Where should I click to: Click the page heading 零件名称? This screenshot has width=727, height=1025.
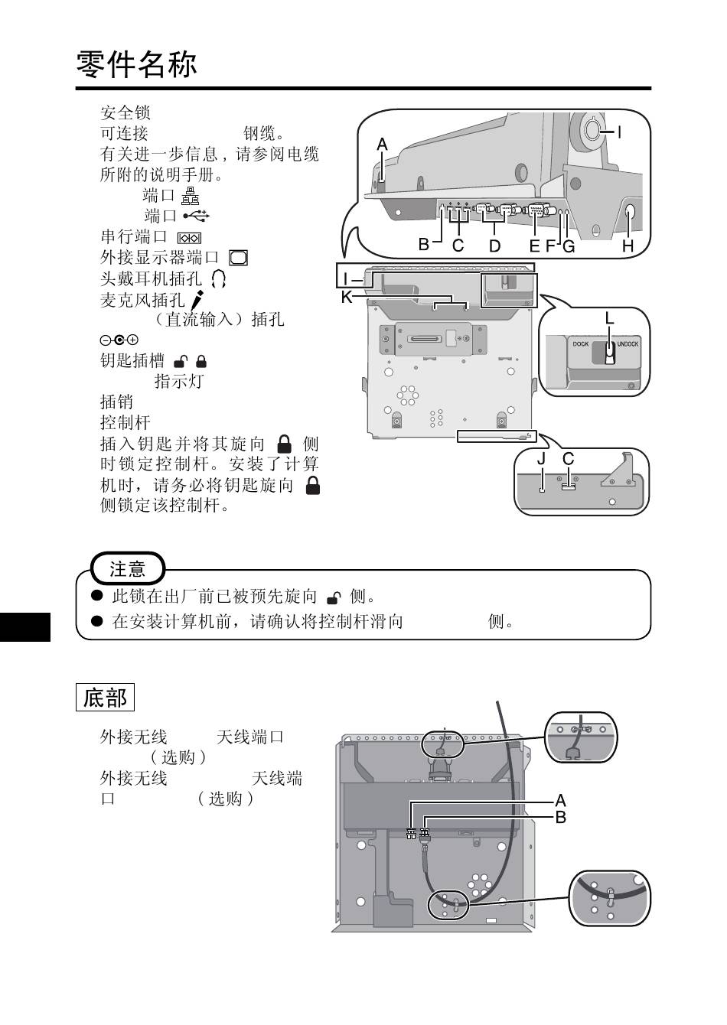[137, 65]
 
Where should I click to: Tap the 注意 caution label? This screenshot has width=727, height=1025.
[127, 569]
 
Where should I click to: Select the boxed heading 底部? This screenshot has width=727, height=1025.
[106, 698]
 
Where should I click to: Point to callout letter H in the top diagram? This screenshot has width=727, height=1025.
[628, 246]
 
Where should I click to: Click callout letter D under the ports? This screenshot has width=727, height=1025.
[494, 246]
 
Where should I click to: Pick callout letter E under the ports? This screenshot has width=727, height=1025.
[534, 246]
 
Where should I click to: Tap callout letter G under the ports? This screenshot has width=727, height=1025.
[568, 246]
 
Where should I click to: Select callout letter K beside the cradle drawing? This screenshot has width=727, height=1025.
[347, 297]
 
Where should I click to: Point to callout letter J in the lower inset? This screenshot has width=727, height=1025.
[541, 459]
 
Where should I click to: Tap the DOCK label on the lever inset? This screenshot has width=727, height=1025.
[581, 344]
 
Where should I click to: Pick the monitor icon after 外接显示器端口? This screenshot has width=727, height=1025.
[238, 258]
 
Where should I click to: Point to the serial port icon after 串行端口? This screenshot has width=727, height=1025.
[188, 238]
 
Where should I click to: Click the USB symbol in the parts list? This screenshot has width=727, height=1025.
[196, 216]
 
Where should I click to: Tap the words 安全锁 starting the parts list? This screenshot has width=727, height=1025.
[126, 112]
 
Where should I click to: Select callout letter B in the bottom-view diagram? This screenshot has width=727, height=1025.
[561, 817]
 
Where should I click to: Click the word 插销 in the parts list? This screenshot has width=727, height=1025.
[116, 402]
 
